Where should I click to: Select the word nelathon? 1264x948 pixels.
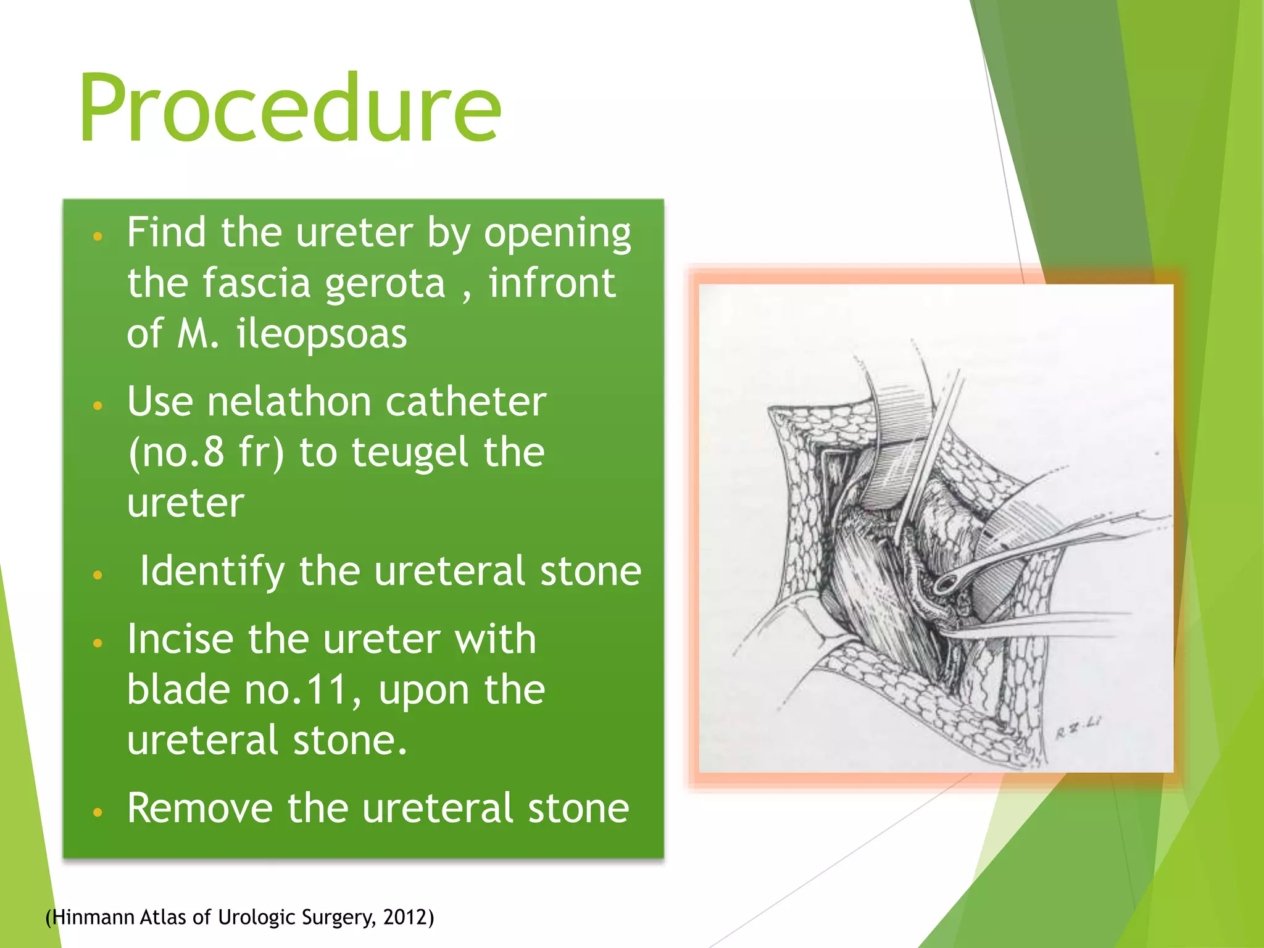(289, 402)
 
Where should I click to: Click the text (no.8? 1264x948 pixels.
(177, 453)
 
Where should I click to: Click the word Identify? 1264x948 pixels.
(212, 571)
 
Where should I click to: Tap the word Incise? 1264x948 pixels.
(180, 639)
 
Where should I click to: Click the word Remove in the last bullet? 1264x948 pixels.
(200, 808)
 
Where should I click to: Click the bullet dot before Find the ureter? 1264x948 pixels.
(97, 236)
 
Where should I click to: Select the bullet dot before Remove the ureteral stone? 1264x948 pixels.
(97, 812)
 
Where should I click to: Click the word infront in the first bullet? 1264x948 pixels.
(552, 284)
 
